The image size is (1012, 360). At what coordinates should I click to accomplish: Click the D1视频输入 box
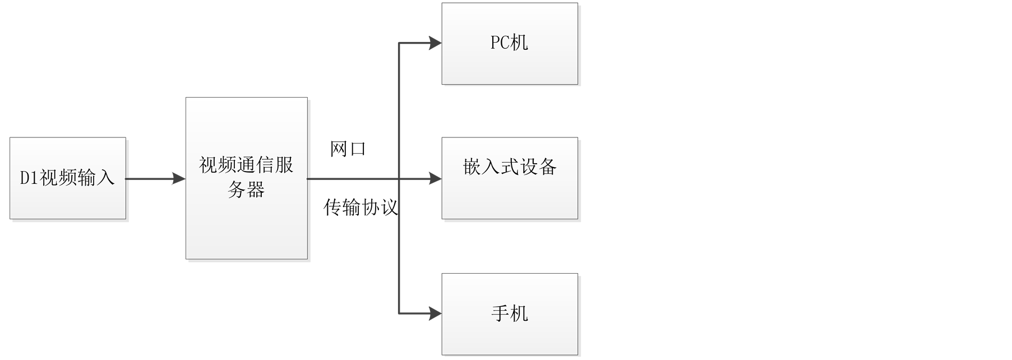click(x=68, y=178)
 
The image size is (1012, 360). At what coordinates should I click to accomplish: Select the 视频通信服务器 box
click(x=247, y=178)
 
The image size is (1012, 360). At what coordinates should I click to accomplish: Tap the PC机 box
click(x=510, y=44)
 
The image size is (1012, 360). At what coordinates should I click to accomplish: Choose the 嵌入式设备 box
click(x=510, y=178)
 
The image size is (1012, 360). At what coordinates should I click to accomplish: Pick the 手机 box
click(x=510, y=314)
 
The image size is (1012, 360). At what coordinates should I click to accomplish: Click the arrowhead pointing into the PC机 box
click(x=435, y=43)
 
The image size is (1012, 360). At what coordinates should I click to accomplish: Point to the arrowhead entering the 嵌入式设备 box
click(x=435, y=179)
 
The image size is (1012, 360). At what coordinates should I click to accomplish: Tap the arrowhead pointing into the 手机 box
click(x=435, y=313)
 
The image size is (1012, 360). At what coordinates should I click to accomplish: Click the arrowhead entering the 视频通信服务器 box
click(x=179, y=179)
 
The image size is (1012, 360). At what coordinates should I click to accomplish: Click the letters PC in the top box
click(x=500, y=43)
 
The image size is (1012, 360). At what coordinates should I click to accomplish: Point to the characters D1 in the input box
click(x=30, y=178)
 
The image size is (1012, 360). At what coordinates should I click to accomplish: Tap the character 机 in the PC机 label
click(x=519, y=43)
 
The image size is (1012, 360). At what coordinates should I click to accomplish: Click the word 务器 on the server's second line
click(x=246, y=190)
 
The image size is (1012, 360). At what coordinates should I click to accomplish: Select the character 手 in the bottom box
click(x=500, y=313)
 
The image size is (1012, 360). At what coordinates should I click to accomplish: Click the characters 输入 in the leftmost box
click(x=96, y=178)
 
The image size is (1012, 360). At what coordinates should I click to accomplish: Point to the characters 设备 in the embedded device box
click(x=538, y=167)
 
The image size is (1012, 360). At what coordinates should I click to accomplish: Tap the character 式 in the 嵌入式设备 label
click(x=510, y=167)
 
